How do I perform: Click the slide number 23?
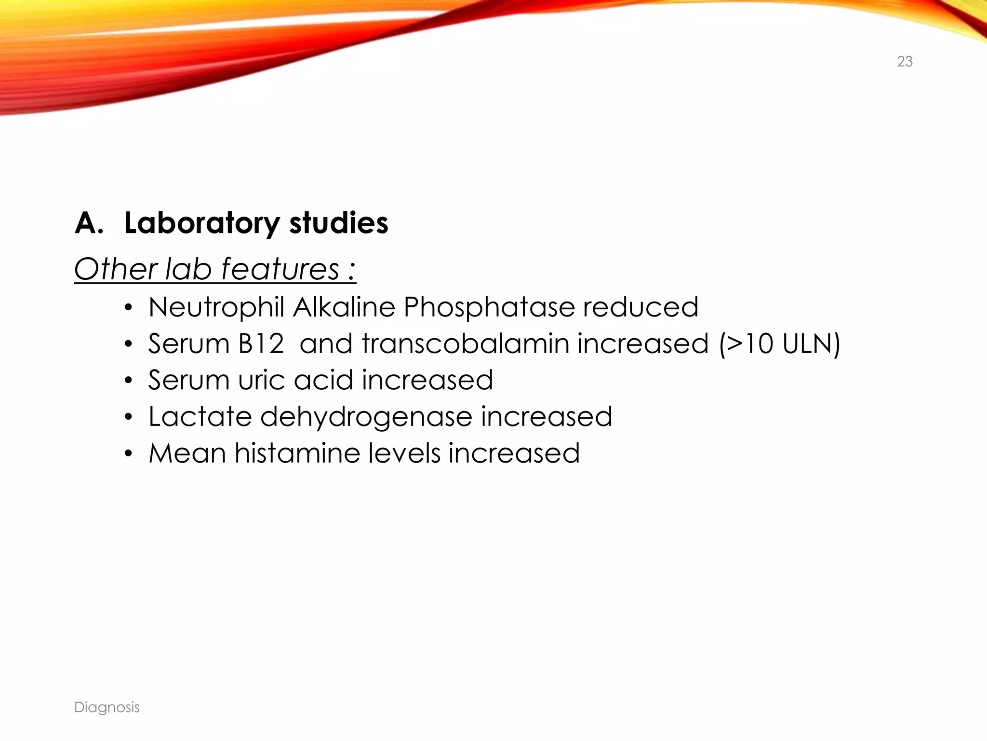(x=905, y=62)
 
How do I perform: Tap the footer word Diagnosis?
(x=107, y=707)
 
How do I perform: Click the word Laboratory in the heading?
(x=201, y=224)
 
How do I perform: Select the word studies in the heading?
(x=339, y=224)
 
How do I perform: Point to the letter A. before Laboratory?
(x=89, y=224)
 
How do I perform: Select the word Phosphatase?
(x=489, y=307)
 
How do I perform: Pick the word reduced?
(x=640, y=307)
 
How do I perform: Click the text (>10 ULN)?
(x=779, y=344)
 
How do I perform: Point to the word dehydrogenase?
(x=366, y=417)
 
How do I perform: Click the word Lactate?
(x=200, y=417)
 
